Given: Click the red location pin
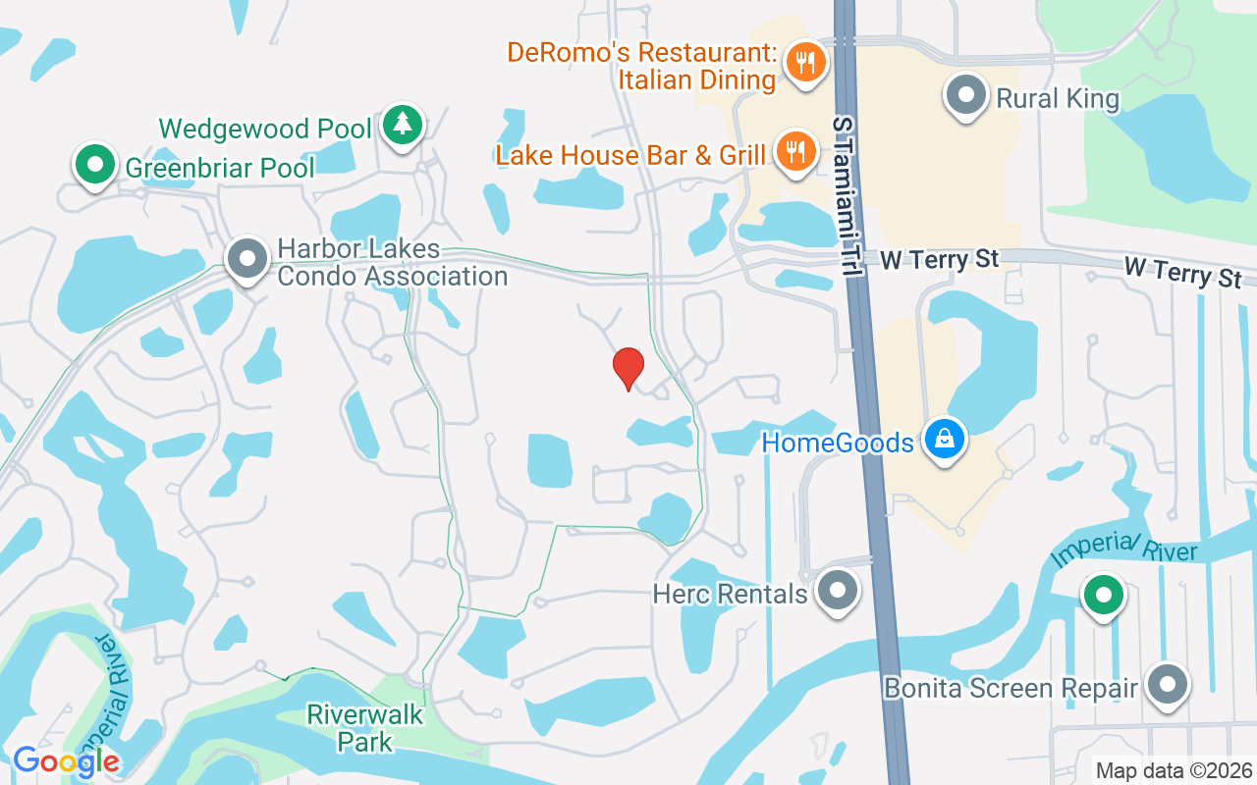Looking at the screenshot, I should coord(628,368).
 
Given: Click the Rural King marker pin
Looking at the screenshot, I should coord(966,96).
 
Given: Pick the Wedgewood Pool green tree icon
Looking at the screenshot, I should coord(402,125).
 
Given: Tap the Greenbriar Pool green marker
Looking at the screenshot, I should coord(94,164).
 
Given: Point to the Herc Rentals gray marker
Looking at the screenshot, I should coord(838,591).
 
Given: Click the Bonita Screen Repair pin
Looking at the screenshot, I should coord(1168,685).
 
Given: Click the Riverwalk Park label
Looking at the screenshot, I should coord(365,727).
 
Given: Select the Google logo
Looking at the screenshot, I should coord(66,760).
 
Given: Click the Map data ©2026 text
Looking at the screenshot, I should coord(1174,770).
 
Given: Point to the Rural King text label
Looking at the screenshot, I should coord(1058,98).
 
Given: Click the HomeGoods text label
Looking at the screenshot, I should coord(838,444).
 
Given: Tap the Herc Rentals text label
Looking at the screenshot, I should coord(730,594).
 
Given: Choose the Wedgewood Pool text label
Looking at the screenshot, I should coord(265,129).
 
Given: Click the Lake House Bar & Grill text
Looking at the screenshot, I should coord(630,155).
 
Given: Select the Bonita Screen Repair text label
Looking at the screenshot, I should coord(1011,688).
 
